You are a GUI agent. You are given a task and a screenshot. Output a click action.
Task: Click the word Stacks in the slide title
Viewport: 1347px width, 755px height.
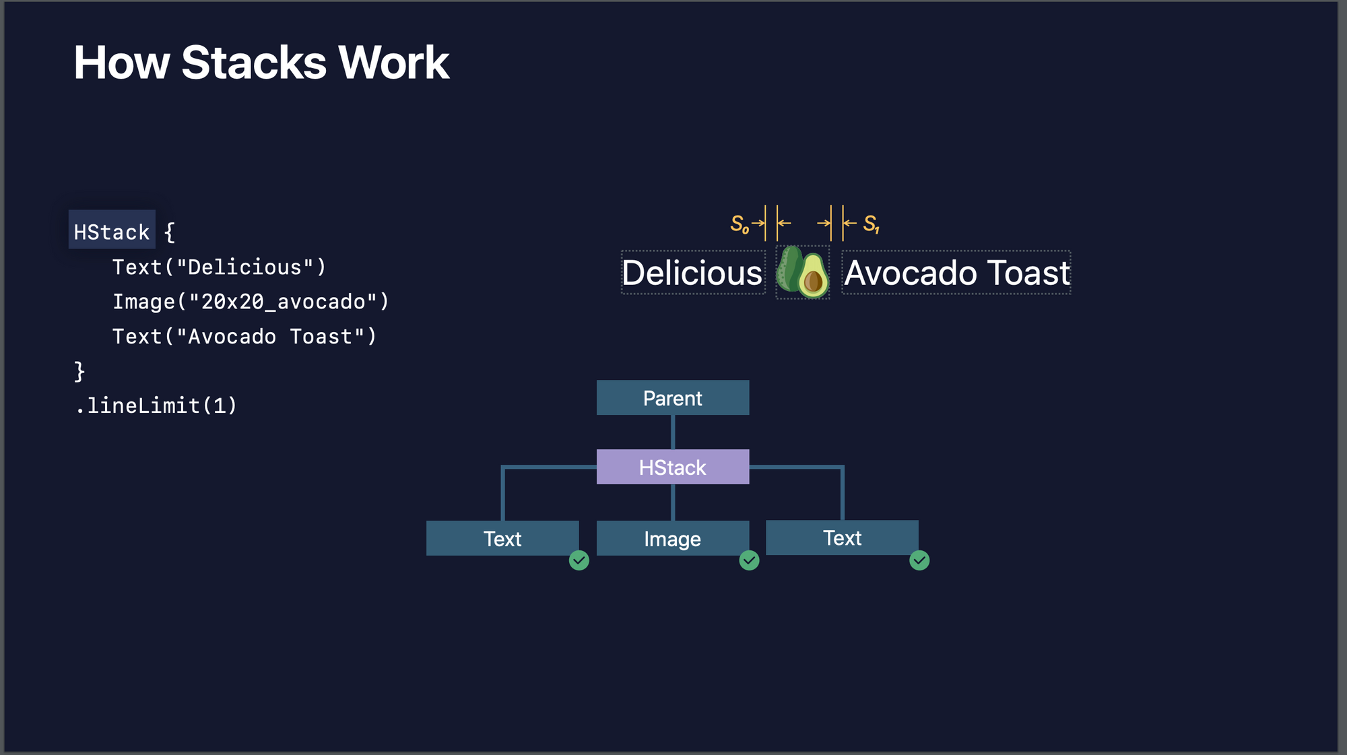254,63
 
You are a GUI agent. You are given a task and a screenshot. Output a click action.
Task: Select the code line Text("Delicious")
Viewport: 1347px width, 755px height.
220,267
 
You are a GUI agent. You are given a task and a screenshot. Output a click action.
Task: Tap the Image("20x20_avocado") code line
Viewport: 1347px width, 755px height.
251,302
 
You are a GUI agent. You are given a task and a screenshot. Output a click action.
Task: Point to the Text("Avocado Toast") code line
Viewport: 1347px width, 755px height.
244,336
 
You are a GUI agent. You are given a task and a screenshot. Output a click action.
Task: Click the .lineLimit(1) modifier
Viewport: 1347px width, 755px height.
156,405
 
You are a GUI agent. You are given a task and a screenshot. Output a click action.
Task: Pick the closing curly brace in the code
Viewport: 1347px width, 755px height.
79,371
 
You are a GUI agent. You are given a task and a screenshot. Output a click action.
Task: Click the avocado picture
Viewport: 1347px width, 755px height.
803,272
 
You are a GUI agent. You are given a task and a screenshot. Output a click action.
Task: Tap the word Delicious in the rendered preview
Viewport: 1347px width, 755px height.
692,273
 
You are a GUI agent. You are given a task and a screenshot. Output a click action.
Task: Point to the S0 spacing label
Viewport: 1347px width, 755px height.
740,224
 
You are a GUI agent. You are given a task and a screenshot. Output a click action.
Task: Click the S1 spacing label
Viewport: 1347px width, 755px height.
872,224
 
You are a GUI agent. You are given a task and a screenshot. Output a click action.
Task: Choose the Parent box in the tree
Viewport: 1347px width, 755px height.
673,397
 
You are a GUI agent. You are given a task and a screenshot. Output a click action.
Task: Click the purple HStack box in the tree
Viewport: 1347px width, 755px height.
673,467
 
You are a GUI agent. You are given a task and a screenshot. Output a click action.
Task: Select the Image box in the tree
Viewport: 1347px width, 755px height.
673,538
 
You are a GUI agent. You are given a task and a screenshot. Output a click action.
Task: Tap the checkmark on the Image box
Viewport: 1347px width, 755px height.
749,560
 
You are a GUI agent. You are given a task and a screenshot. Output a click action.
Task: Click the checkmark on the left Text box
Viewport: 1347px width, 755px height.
579,560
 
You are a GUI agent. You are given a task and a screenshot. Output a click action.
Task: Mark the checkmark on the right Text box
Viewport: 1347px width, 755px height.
919,560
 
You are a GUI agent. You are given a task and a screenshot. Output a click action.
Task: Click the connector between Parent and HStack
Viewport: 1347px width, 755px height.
673,432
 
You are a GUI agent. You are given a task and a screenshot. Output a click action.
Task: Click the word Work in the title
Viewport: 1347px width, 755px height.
393,63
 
